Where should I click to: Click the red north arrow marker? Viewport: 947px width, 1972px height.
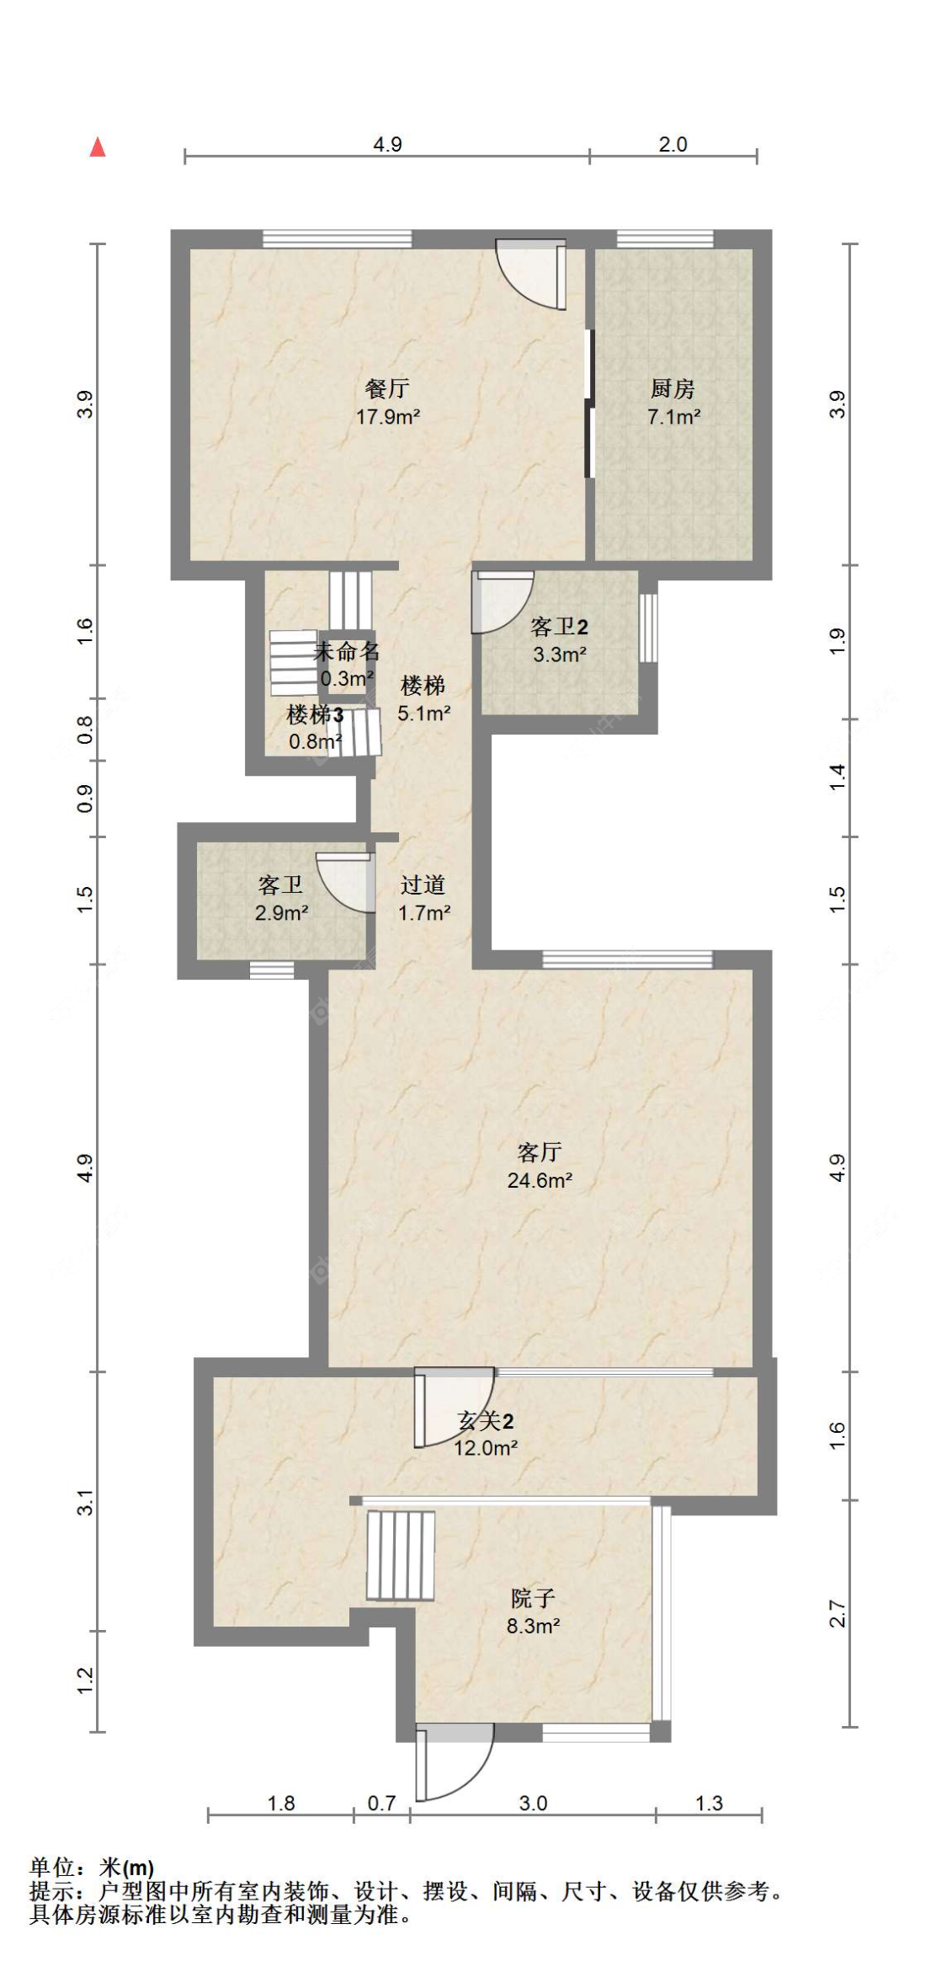(98, 147)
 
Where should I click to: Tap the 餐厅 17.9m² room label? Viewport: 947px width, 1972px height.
(387, 402)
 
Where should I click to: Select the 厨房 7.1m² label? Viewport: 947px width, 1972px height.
(673, 402)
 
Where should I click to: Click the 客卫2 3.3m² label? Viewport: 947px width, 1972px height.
(559, 640)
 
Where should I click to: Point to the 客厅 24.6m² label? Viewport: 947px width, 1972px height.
(540, 1166)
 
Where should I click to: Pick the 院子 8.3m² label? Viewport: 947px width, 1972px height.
(533, 1611)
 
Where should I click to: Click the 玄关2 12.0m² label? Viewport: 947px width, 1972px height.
(486, 1434)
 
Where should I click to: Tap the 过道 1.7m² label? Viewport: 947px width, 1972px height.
(423, 898)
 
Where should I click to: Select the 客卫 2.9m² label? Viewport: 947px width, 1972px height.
(281, 898)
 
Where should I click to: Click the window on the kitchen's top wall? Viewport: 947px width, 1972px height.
(665, 239)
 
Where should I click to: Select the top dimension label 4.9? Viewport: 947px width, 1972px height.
(387, 144)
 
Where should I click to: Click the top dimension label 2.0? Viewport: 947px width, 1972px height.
(673, 144)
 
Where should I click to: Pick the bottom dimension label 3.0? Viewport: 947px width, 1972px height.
(533, 1803)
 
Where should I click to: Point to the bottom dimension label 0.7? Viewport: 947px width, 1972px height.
(381, 1803)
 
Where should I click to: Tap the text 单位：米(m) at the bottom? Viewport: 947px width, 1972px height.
(92, 1868)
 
